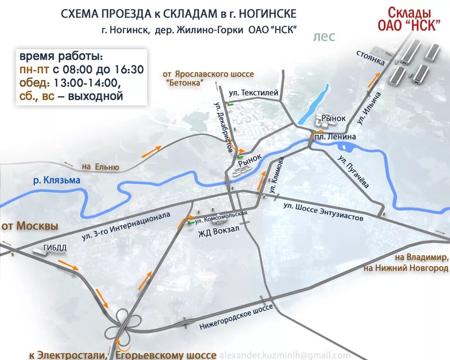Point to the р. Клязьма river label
(57, 180)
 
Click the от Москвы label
(30, 226)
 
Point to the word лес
(323, 36)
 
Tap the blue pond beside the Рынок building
(313, 104)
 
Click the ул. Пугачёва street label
(353, 173)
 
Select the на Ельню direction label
(100, 167)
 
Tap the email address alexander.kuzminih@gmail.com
(285, 355)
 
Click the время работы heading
(61, 56)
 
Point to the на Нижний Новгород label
(407, 269)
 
